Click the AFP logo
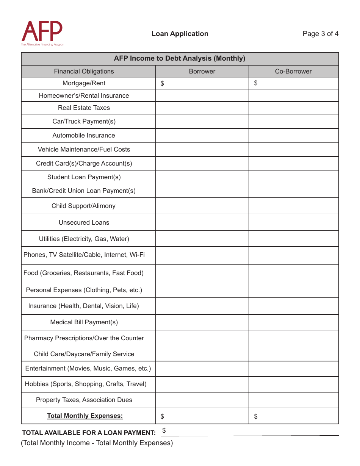coord(42,33)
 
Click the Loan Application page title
coord(180,34)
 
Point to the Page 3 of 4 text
coord(320,34)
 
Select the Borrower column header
coord(202,71)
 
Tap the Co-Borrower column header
coord(293,71)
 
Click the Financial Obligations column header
coord(84,71)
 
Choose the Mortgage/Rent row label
coord(84,83)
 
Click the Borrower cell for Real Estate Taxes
coord(202,108)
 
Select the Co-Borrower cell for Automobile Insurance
coord(293,136)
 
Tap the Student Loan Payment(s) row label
coord(84,177)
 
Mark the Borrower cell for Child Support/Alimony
coord(202,206)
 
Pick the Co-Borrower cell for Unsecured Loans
coord(293,222)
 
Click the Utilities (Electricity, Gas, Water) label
coord(84,239)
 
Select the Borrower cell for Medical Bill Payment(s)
coord(202,322)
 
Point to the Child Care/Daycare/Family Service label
coord(84,354)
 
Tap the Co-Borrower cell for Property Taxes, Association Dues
coord(293,400)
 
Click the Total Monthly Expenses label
coord(85,416)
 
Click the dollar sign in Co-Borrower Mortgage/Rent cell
coord(256,83)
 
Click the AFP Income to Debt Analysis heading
coord(180,58)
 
